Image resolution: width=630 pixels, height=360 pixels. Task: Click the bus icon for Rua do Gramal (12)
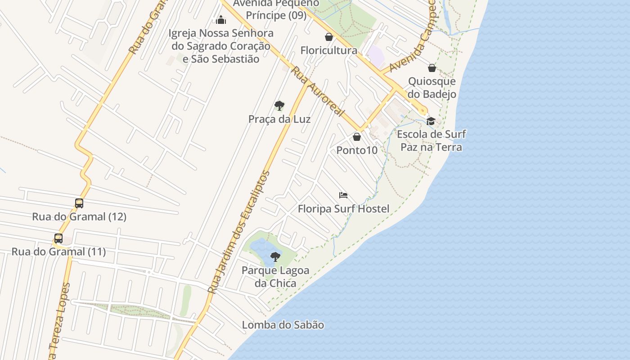pos(79,203)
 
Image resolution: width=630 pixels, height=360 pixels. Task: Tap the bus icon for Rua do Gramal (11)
pos(58,238)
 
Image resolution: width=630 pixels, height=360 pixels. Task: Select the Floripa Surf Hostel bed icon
pos(343,195)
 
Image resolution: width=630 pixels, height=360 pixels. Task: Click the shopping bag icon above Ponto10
pos(357,137)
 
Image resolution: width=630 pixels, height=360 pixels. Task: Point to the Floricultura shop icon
pos(329,37)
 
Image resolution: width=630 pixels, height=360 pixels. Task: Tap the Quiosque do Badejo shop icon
pos(432,68)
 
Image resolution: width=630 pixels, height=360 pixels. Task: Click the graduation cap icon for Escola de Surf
pos(431,121)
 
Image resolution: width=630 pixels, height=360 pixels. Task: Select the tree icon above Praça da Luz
pos(279,106)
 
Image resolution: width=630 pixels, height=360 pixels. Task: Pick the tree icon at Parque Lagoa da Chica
pos(275,257)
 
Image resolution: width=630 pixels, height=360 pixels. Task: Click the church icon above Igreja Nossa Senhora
pos(221,20)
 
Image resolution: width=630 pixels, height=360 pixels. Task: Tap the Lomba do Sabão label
pos(283,325)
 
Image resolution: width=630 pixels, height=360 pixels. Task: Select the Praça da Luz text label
pos(279,119)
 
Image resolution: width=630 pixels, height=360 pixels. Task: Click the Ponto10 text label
pos(357,150)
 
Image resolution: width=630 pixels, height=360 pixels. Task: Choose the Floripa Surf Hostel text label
pos(343,209)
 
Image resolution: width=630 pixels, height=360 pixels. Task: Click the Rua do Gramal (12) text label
pos(79,217)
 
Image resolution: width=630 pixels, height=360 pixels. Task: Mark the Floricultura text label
pos(329,50)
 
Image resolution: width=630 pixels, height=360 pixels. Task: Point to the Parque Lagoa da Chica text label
pos(275,277)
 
